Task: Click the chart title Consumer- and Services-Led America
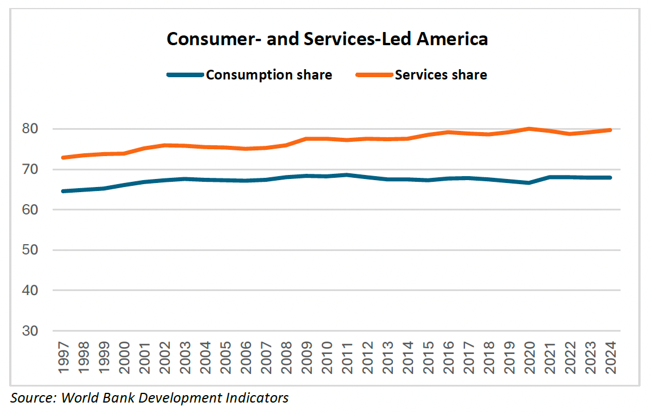tap(327, 39)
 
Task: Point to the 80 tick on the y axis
tap(30, 129)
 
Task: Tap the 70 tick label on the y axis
tap(30, 169)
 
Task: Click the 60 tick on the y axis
tap(30, 210)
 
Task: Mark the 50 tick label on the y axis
tap(30, 250)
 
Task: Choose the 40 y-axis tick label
tap(30, 290)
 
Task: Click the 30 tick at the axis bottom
tap(30, 331)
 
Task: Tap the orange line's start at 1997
tap(62, 157)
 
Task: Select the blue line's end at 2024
tap(611, 177)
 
